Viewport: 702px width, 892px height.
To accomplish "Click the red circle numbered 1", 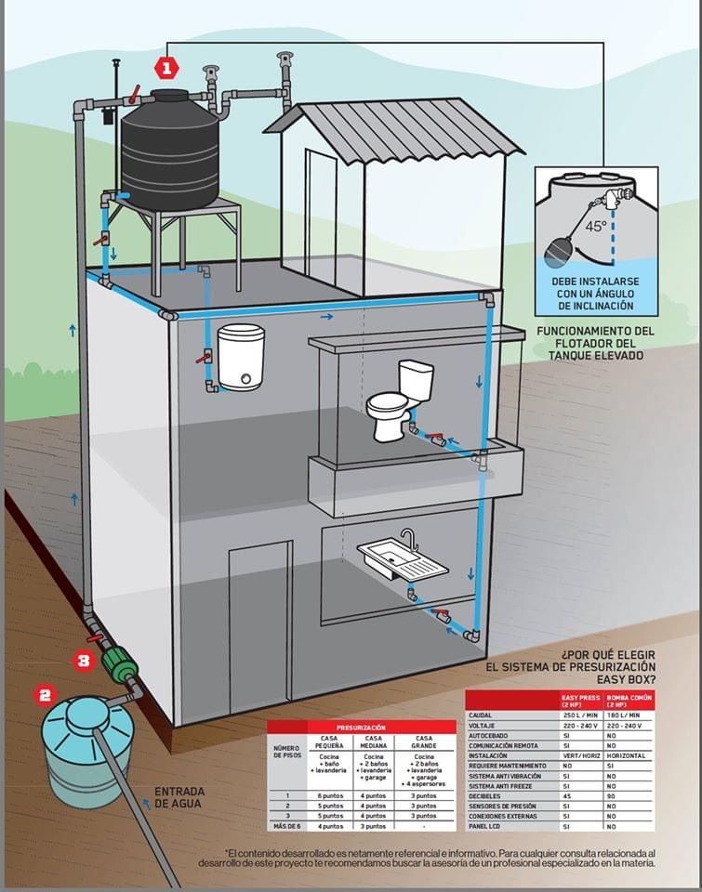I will pyautogui.click(x=166, y=68).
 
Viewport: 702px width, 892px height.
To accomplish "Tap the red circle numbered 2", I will pyautogui.click(x=45, y=694).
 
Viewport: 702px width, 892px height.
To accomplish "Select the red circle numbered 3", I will pyautogui.click(x=84, y=662).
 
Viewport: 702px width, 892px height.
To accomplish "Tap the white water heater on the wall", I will pyautogui.click(x=241, y=357).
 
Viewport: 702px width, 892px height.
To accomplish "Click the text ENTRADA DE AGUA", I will pyautogui.click(x=179, y=797).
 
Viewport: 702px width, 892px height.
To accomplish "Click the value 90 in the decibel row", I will pyautogui.click(x=613, y=794).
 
